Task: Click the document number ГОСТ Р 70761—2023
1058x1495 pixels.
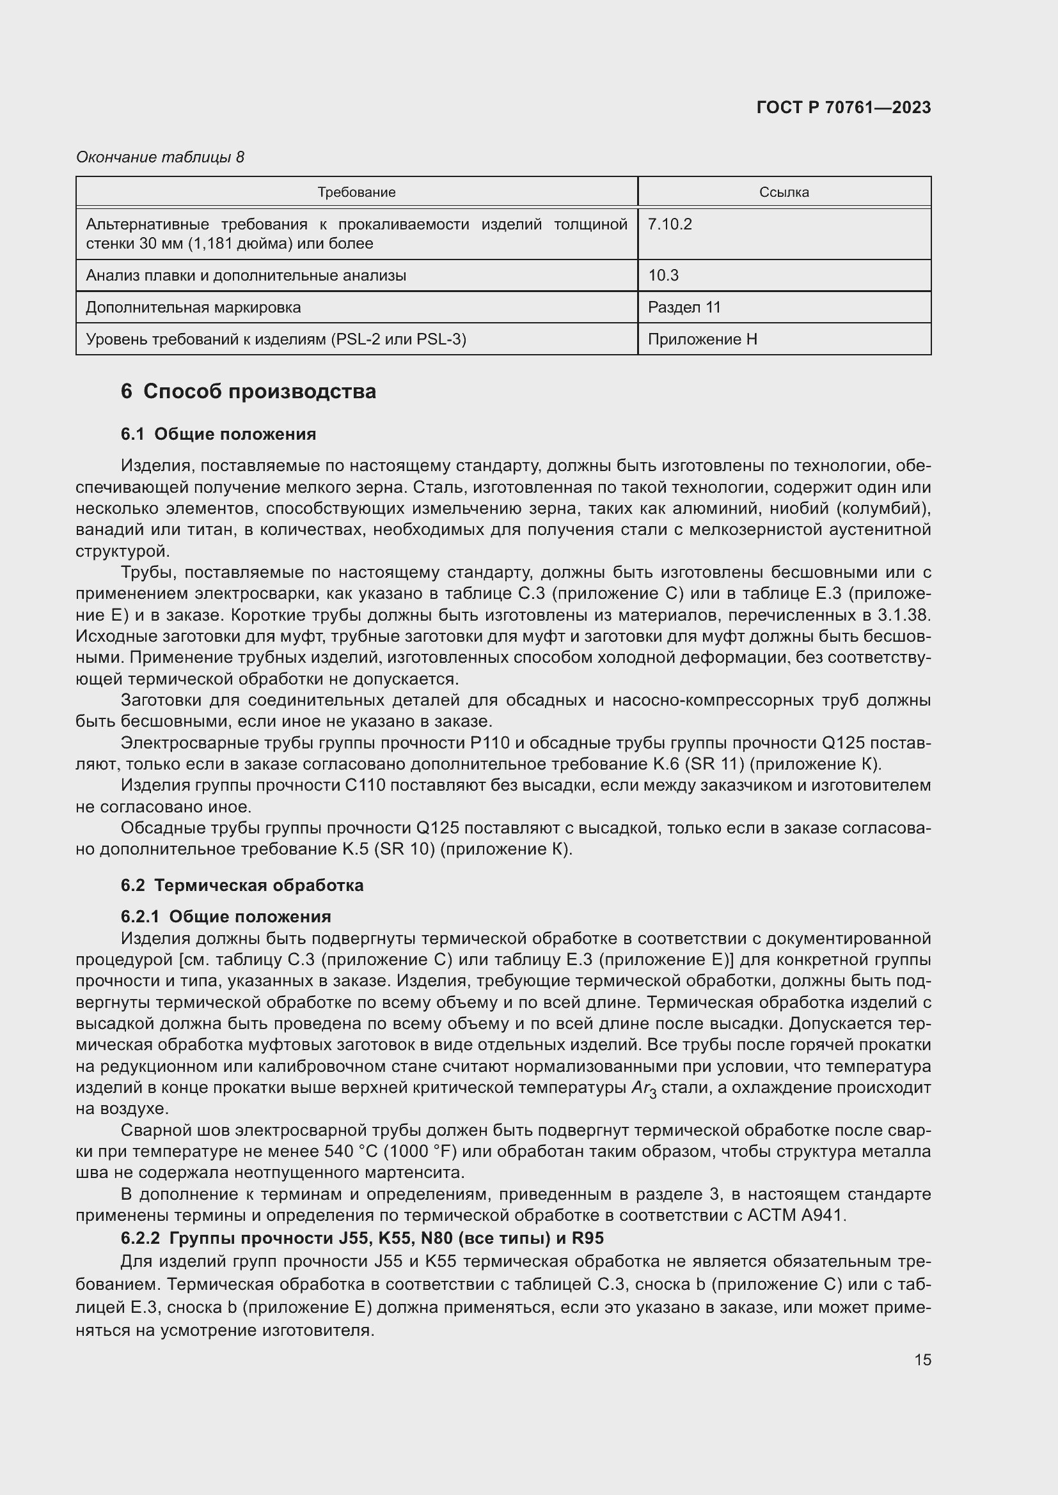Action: pyautogui.click(x=844, y=107)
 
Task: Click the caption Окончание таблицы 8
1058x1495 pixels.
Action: pyautogui.click(x=160, y=157)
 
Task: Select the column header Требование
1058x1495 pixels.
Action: pyautogui.click(x=356, y=192)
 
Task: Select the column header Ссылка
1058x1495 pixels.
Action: pyautogui.click(x=784, y=192)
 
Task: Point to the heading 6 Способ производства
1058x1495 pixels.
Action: pyautogui.click(x=248, y=391)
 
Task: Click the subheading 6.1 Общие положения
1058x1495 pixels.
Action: pyautogui.click(x=218, y=434)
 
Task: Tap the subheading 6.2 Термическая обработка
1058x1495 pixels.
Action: pyautogui.click(x=242, y=885)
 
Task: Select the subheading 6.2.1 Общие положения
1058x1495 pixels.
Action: pyautogui.click(x=225, y=916)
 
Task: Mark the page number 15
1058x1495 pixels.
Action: pyautogui.click(x=922, y=1359)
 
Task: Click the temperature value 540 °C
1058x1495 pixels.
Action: pyautogui.click(x=351, y=1151)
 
